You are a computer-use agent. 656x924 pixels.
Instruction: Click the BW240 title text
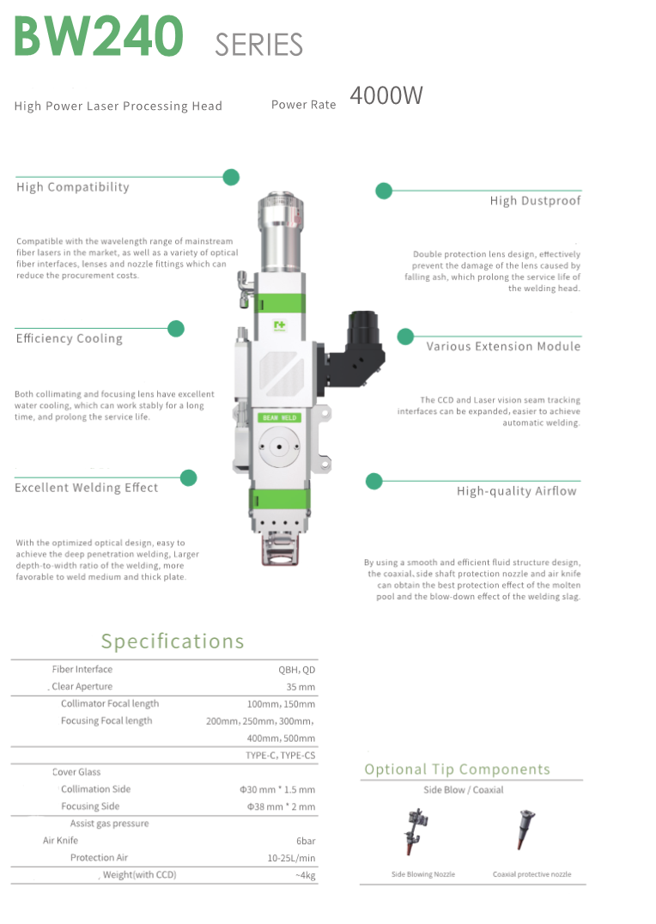[98, 36]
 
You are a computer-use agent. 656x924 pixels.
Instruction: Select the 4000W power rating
[386, 96]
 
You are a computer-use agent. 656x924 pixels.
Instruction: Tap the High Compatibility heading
[73, 187]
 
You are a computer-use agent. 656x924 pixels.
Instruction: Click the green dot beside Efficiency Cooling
[176, 328]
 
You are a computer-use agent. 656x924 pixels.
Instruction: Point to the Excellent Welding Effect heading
[87, 488]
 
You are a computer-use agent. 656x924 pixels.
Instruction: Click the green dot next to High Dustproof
[384, 191]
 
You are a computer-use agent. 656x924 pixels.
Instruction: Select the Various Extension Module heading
[503, 347]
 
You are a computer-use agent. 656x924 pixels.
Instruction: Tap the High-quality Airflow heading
[517, 491]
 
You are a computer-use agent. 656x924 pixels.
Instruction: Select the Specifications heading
[173, 641]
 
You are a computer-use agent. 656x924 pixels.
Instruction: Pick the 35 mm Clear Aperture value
[301, 687]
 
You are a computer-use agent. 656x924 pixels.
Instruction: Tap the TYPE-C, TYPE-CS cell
[280, 756]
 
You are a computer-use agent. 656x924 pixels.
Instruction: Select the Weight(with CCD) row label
[139, 875]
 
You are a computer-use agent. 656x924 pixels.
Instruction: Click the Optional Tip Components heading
[457, 769]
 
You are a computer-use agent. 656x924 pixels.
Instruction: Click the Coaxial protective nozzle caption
[531, 874]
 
